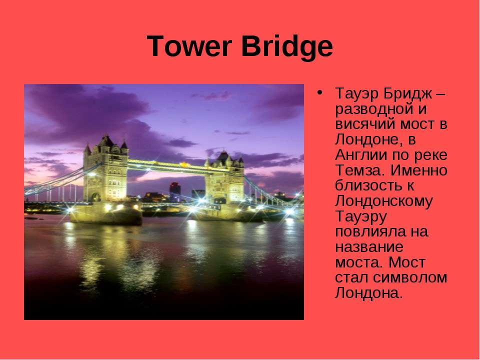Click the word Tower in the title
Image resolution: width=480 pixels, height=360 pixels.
tap(189, 46)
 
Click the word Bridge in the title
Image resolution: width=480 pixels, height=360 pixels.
tap(287, 47)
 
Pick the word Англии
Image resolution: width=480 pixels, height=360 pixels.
tap(361, 155)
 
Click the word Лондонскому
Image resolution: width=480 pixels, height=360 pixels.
tap(384, 201)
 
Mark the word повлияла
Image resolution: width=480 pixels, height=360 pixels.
tap(371, 231)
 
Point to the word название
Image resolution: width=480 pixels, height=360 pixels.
tap(369, 247)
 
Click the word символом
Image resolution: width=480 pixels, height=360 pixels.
tap(410, 277)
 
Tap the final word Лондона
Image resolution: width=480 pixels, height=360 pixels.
tap(368, 293)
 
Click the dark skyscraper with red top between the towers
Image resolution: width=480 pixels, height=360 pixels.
tap(175, 191)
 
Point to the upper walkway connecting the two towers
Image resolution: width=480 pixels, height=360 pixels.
tap(167, 165)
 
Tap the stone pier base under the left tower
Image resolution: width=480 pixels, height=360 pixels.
tap(106, 213)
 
